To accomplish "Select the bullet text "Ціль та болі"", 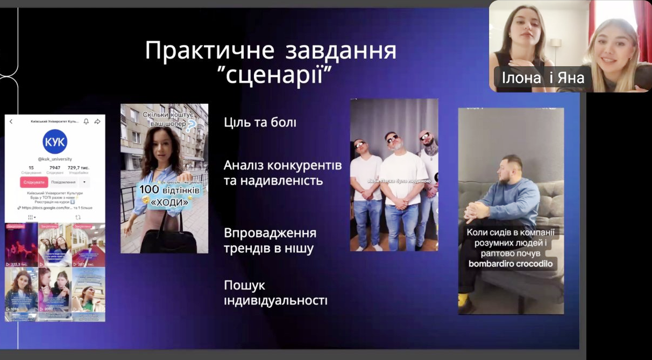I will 260,123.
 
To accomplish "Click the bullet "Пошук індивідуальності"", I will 275,293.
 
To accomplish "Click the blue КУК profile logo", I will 55,142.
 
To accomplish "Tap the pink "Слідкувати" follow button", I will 34,182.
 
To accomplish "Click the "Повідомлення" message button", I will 63,182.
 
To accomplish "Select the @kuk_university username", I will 54,159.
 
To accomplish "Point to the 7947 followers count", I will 55,168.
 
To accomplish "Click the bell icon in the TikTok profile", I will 86,122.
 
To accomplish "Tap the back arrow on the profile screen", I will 11,122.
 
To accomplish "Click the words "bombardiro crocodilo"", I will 510,264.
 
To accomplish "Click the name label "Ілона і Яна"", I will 543,79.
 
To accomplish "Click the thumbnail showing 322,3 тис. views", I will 21,245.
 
